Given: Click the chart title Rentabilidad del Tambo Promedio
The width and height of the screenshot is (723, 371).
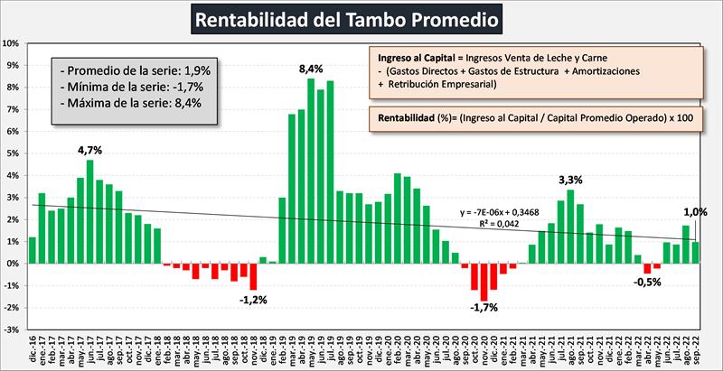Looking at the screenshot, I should point(360,18).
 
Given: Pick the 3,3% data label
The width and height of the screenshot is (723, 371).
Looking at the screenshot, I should point(569,178).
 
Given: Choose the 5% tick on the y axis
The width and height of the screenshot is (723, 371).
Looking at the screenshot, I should point(13,153).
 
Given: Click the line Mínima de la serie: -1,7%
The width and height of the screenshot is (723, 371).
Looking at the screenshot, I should point(130,87).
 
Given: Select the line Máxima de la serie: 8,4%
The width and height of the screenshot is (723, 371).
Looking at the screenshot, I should point(131,103).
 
